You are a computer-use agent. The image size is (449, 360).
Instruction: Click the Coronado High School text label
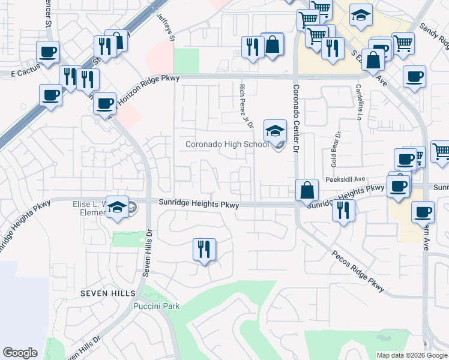[227, 144]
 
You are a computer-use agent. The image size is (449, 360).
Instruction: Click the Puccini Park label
[156, 306]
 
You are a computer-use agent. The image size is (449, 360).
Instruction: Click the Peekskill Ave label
[345, 179]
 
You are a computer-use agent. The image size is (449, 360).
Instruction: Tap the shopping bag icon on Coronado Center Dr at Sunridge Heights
[307, 190]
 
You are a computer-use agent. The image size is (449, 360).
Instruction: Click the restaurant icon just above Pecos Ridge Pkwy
[343, 211]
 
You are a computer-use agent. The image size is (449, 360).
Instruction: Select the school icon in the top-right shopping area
[361, 16]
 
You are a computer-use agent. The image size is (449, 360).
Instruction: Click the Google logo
[20, 353]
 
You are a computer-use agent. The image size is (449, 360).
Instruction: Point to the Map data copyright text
[412, 355]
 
